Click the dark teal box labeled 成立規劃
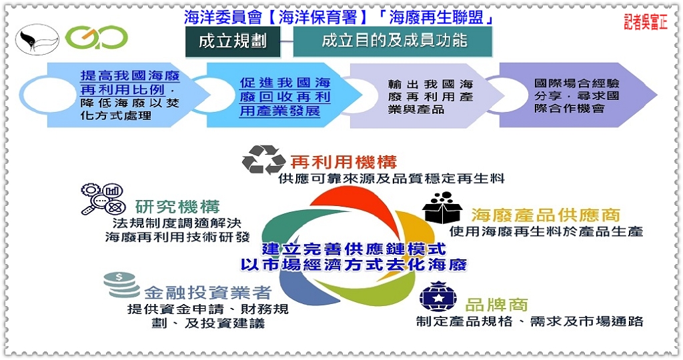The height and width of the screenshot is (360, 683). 233,41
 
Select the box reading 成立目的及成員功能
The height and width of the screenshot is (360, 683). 393,41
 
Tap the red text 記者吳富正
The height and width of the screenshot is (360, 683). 645,22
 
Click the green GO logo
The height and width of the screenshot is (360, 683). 97,38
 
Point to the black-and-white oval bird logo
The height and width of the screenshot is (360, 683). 37,39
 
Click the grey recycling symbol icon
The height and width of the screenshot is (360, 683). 263,160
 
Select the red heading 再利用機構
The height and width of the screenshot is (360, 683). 344,162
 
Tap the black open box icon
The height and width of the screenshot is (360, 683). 442,208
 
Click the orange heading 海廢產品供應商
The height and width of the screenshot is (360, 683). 546,215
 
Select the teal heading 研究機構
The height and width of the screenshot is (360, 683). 177,207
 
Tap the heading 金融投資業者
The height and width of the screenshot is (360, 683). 208,292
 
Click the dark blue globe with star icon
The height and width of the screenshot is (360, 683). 438,297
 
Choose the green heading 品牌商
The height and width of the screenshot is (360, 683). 496,305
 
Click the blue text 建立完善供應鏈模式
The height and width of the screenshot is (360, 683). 354,249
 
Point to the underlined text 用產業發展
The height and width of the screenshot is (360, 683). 280,111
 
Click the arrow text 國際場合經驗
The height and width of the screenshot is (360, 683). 577,83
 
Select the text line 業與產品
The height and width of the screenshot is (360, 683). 416,109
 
